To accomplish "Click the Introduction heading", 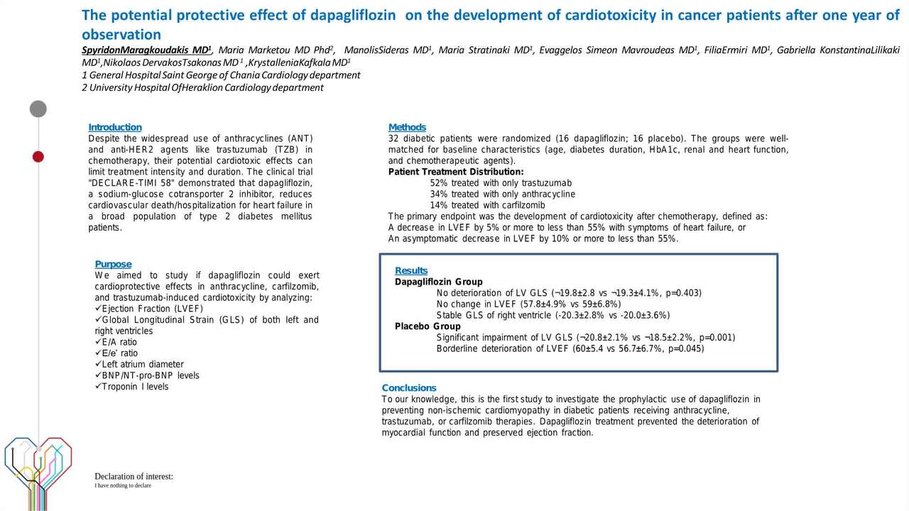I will (x=115, y=127).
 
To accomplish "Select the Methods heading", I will (x=407, y=127).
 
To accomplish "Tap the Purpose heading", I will (x=113, y=264).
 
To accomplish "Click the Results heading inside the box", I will (x=411, y=270).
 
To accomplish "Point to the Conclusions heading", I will (x=409, y=388).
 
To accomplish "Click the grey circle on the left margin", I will (x=38, y=109).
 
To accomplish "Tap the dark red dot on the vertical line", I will (x=38, y=156).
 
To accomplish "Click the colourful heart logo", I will (x=37, y=465).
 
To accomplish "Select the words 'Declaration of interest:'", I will (x=134, y=476).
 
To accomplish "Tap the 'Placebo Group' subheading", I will (x=428, y=326).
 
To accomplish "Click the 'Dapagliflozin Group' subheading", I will (x=438, y=282).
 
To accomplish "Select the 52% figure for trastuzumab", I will (x=439, y=183).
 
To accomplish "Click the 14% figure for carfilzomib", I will (x=439, y=205).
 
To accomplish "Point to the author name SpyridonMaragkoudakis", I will (x=146, y=50).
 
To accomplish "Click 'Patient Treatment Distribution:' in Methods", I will (x=456, y=172).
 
